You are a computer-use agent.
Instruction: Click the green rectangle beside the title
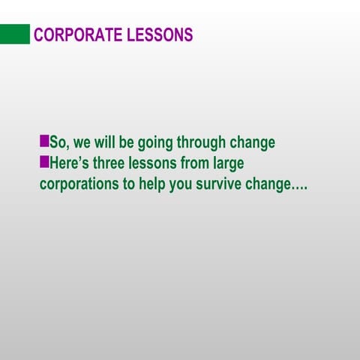(15, 34)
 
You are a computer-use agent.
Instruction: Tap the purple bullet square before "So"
(44, 140)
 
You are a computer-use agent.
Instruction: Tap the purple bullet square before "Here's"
(44, 161)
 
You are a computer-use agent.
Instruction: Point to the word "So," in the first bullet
(59, 142)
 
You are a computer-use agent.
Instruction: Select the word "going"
(155, 143)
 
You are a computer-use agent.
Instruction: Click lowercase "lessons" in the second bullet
(161, 163)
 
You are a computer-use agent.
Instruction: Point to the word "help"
(152, 184)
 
